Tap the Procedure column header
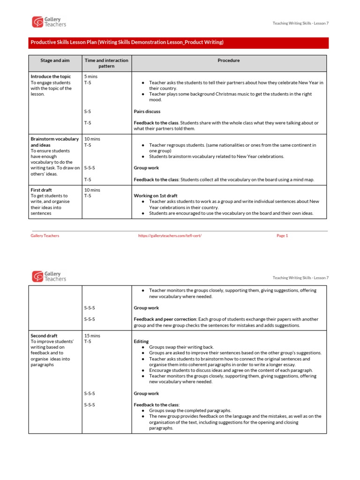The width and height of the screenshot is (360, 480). coord(228,60)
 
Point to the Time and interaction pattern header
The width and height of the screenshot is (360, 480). coord(106,63)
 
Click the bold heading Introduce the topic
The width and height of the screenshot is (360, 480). coord(51,76)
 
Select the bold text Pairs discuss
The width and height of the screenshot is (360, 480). coord(147,112)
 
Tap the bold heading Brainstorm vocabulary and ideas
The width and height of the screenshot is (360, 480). coord(54,142)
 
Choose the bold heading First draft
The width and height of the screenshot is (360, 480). coord(41,190)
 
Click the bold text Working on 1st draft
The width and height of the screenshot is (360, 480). coord(157,195)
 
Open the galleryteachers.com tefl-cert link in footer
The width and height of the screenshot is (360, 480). coord(170,236)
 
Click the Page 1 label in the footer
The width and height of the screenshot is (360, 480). coord(282,236)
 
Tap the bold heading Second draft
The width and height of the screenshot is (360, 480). coord(44,336)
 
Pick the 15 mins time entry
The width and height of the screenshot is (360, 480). coord(92,336)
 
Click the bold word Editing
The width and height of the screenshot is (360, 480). coord(141,342)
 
